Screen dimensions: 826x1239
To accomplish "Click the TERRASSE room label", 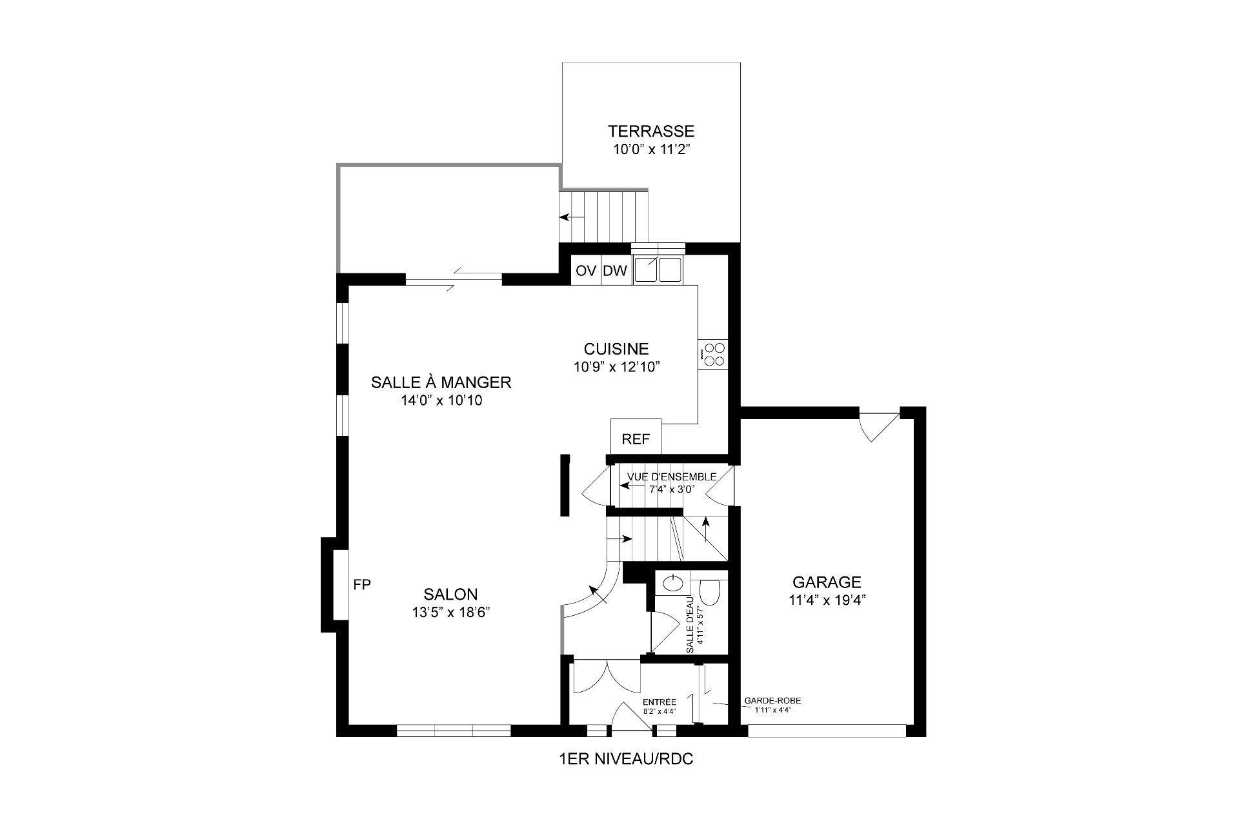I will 650,132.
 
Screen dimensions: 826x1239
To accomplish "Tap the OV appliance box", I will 586,271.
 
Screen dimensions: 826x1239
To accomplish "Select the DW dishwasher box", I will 615,271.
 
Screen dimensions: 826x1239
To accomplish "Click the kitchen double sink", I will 658,270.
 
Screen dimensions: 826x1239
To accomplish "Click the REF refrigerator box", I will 636,439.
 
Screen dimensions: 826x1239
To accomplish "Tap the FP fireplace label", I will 362,585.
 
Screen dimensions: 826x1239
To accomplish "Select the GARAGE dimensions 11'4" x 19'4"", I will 827,600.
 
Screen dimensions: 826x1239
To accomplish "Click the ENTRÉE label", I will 659,702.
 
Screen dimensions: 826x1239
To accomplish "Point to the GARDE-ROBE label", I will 772,701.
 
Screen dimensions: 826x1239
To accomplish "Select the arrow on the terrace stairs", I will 565,217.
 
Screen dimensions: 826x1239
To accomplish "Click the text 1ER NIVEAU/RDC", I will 625,759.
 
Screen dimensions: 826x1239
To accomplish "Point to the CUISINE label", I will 616,349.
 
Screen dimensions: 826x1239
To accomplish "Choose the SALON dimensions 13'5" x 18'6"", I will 450,613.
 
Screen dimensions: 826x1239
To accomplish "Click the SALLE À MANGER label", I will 441,382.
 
